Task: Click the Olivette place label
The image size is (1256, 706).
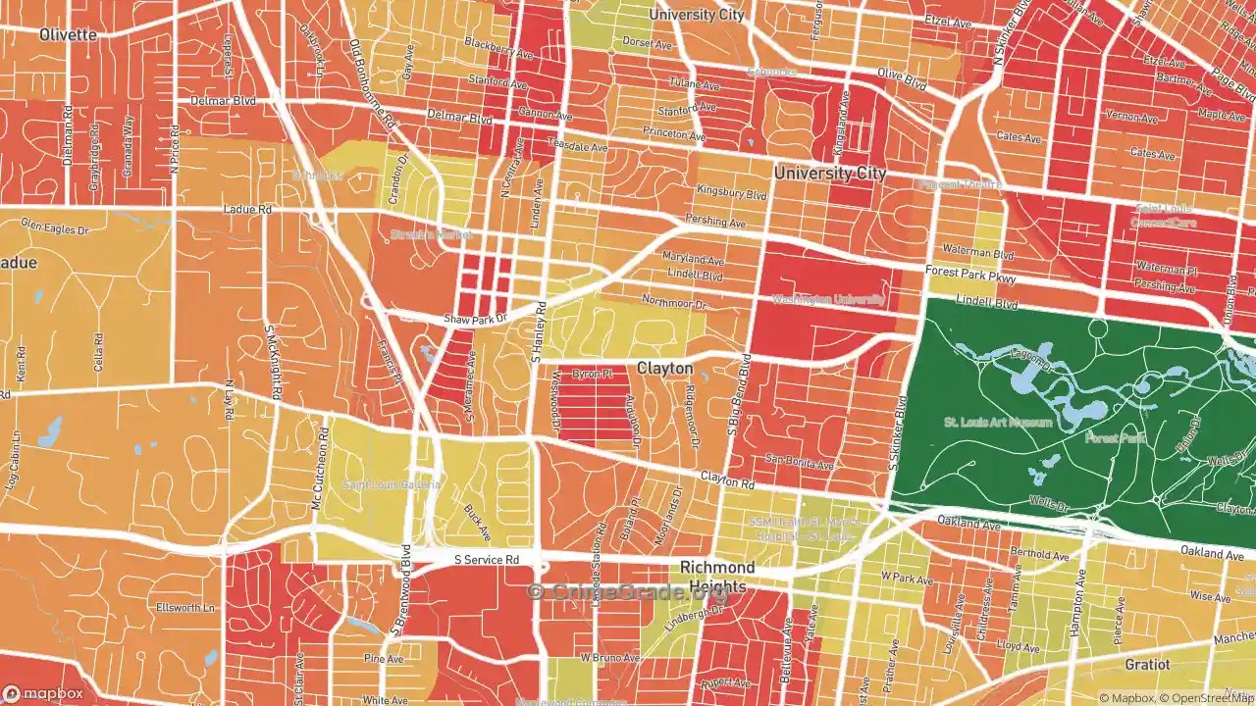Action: [x=68, y=34]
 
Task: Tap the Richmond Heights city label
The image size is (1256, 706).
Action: [x=718, y=577]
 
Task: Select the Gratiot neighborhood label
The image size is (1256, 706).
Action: [x=1147, y=664]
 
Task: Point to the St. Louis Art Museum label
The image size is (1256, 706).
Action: [x=998, y=423]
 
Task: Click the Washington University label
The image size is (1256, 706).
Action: [x=828, y=299]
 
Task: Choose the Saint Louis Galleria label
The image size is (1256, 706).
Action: [x=392, y=484]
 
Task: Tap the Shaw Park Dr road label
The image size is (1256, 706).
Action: [x=475, y=319]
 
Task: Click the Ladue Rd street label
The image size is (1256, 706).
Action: [x=246, y=210]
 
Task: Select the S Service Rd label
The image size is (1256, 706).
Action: [x=486, y=560]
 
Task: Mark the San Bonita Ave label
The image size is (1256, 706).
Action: [x=800, y=461]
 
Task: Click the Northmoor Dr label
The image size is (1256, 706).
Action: [x=673, y=302]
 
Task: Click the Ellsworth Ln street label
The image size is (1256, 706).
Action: [x=186, y=608]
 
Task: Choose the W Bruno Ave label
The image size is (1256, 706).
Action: [x=602, y=657]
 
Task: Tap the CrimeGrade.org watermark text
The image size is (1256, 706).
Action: [x=628, y=592]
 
